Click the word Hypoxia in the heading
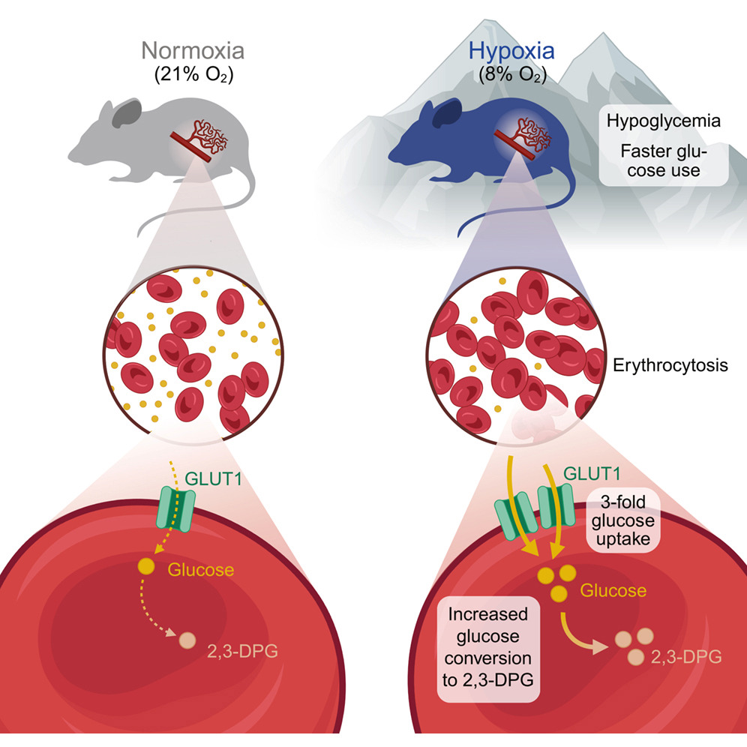pyautogui.click(x=512, y=52)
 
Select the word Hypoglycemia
pyautogui.click(x=663, y=121)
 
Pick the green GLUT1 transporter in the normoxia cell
pyautogui.click(x=176, y=507)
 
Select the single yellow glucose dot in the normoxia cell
pyautogui.click(x=146, y=567)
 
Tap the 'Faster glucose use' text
pyautogui.click(x=664, y=160)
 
